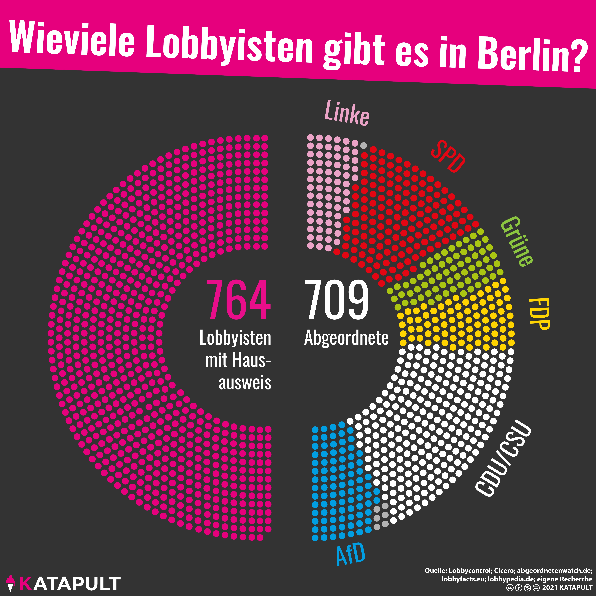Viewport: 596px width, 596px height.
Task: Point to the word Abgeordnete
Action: (346, 338)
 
